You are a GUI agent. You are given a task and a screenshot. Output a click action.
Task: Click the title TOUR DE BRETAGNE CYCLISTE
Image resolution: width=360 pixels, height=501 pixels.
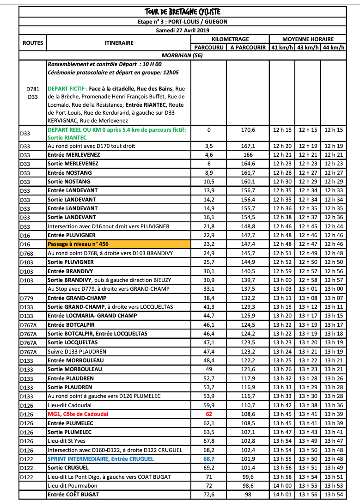point(183,12)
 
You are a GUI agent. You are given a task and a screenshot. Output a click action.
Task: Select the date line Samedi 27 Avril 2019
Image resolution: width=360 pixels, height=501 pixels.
point(183,30)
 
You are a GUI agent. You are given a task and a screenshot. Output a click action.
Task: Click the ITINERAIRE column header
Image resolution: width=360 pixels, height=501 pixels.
point(119,43)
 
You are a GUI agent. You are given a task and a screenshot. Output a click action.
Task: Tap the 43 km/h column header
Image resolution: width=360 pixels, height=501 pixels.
point(310,48)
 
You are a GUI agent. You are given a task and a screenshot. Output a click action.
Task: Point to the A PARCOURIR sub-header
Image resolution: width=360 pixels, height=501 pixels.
point(248,48)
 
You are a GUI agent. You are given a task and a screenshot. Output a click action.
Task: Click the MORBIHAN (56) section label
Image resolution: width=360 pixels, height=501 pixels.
point(183,56)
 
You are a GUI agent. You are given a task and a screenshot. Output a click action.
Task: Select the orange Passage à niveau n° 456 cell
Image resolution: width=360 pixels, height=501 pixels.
point(119,244)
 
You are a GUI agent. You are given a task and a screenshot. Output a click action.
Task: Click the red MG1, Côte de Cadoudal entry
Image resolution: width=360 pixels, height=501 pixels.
point(78,414)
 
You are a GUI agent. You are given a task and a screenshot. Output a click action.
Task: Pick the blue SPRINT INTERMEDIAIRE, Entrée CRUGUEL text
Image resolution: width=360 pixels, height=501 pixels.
point(100,459)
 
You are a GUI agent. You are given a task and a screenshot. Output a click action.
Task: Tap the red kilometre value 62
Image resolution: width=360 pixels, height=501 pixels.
point(208,414)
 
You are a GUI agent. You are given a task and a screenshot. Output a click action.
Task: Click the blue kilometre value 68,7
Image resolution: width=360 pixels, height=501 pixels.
point(208,459)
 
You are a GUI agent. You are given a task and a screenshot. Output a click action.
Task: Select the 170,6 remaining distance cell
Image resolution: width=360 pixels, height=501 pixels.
point(248,130)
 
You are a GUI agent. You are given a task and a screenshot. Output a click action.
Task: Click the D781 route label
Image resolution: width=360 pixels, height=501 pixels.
point(32,88)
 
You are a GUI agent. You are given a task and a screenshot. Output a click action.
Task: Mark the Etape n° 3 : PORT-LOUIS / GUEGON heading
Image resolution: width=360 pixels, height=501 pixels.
point(183,21)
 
